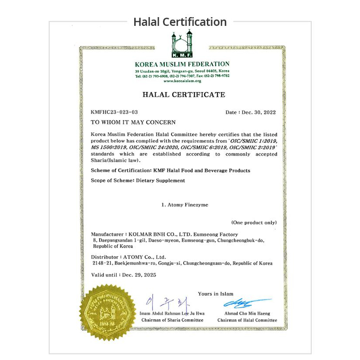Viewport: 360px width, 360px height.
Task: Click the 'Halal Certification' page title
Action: click(180, 22)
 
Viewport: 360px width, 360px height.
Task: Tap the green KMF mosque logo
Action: click(182, 44)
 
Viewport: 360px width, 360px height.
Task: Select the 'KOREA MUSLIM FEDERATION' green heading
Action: click(182, 64)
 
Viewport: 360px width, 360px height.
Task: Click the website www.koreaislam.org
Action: click(182, 81)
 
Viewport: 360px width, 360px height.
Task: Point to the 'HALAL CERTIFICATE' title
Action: click(184, 95)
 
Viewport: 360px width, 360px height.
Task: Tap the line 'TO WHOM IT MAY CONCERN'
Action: click(133, 122)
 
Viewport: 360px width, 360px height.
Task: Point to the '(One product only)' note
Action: click(254, 223)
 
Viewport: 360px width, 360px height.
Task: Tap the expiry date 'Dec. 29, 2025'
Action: click(139, 275)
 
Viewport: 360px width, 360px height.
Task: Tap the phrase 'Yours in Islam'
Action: click(215, 294)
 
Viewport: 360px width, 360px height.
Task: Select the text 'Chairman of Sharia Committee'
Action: click(172, 320)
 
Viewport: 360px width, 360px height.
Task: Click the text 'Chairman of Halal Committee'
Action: click(247, 320)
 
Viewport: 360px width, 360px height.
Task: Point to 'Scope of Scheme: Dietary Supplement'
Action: click(138, 180)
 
